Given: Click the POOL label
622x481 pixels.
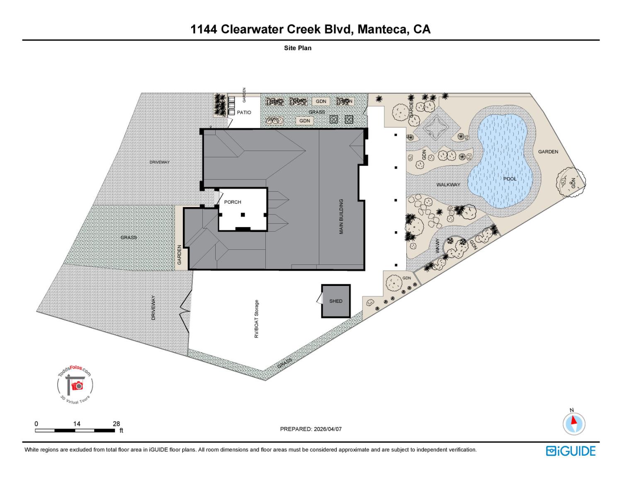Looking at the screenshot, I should (x=510, y=179).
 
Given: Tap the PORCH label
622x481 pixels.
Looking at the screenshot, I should (x=232, y=202).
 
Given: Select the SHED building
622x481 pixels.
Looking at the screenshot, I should (x=336, y=301).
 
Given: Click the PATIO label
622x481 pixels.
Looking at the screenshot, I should (x=244, y=112).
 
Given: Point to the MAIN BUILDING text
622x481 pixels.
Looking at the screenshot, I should (x=341, y=216).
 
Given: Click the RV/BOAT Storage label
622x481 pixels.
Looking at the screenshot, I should (x=257, y=319).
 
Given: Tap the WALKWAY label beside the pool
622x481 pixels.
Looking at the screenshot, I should (x=448, y=185).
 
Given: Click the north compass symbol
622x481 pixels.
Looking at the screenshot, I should (x=574, y=424).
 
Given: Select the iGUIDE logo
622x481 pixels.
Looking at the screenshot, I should (x=571, y=451).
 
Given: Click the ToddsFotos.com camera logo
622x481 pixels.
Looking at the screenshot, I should (x=75, y=385).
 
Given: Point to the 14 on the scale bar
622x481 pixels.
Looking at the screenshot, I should (x=77, y=424).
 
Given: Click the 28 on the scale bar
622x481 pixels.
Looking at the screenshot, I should (x=117, y=424).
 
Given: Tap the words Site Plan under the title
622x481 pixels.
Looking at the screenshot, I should (x=297, y=48).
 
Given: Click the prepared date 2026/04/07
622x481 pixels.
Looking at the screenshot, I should (x=328, y=429).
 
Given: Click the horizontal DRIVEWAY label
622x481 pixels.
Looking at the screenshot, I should (x=159, y=162).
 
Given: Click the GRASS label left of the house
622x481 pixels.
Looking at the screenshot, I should (x=129, y=237).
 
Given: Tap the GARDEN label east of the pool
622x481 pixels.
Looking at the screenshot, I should (x=548, y=152).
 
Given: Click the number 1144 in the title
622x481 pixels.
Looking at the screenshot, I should (x=204, y=29).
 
